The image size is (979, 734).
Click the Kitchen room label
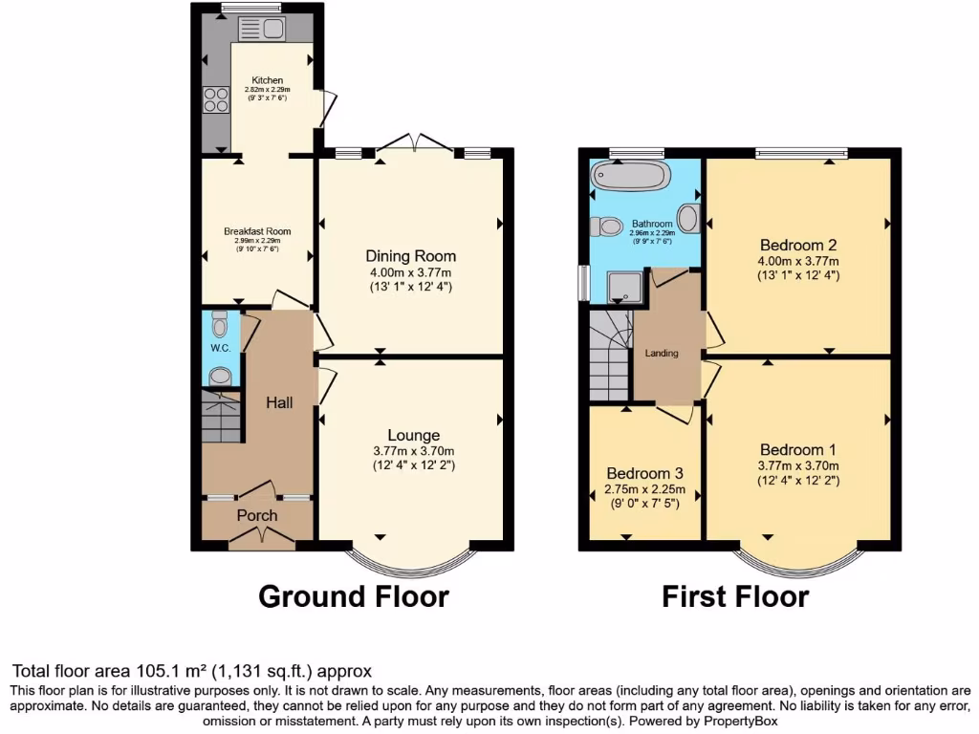pos(268,80)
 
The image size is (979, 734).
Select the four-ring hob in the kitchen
pos(215,100)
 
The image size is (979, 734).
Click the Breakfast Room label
pos(257,231)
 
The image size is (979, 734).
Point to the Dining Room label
pos(410,256)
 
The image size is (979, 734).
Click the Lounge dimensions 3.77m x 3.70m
pos(413,451)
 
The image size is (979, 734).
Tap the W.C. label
pos(221,348)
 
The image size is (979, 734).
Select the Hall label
pos(279,403)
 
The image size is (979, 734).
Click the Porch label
pos(257,515)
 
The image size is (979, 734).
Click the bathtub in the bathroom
pos(630,176)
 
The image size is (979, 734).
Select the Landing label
pos(662,353)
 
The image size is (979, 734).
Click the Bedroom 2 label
pos(798,244)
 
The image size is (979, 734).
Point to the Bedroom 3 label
pos(645,474)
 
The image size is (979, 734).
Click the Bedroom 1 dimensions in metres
pos(798,465)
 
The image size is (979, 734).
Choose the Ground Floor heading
pos(354,597)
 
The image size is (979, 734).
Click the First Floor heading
pos(735,597)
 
